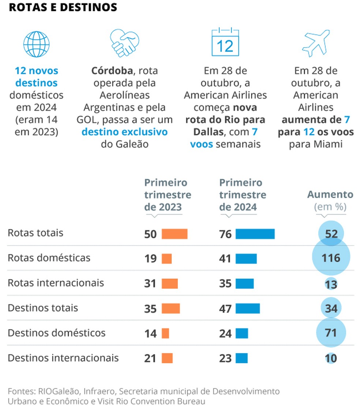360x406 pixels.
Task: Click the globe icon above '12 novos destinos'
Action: click(36, 44)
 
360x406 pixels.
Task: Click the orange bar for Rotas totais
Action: click(175, 234)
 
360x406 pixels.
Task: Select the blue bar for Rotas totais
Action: click(255, 234)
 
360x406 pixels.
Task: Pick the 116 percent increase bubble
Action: click(331, 258)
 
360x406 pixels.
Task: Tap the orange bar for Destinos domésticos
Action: click(165, 333)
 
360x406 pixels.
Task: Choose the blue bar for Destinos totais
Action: click(248, 308)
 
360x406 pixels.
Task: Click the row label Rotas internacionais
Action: click(56, 283)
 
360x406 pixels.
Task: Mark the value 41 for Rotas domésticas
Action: click(225, 259)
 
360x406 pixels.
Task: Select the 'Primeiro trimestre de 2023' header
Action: click(168, 195)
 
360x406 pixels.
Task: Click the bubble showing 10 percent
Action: click(331, 358)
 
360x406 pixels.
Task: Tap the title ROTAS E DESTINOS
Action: click(63, 8)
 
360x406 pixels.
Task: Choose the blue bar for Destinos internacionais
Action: click(242, 358)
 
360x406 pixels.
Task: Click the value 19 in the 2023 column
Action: click(150, 259)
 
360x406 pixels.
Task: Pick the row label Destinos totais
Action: click(43, 308)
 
